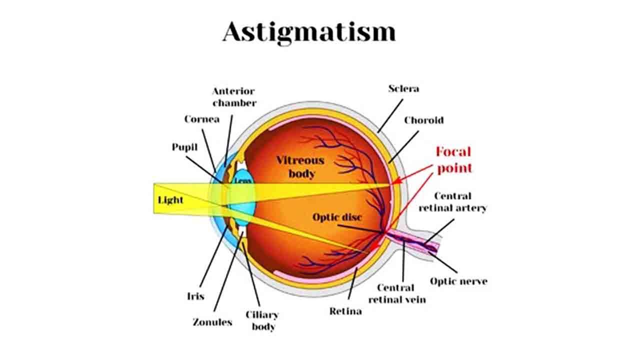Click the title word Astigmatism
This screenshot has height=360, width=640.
(309, 32)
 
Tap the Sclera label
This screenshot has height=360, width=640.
(403, 88)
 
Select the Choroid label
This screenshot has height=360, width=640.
(423, 120)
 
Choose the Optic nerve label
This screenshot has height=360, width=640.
(458, 281)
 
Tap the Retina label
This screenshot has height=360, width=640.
(345, 311)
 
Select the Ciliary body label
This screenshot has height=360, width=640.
(261, 320)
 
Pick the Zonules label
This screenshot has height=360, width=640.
(212, 322)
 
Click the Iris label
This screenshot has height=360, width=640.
(196, 296)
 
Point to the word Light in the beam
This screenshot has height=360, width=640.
(170, 200)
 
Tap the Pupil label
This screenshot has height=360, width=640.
(184, 147)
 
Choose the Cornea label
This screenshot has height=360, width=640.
(201, 119)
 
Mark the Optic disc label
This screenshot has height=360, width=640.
(337, 217)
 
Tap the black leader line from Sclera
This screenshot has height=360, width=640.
(390, 115)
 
